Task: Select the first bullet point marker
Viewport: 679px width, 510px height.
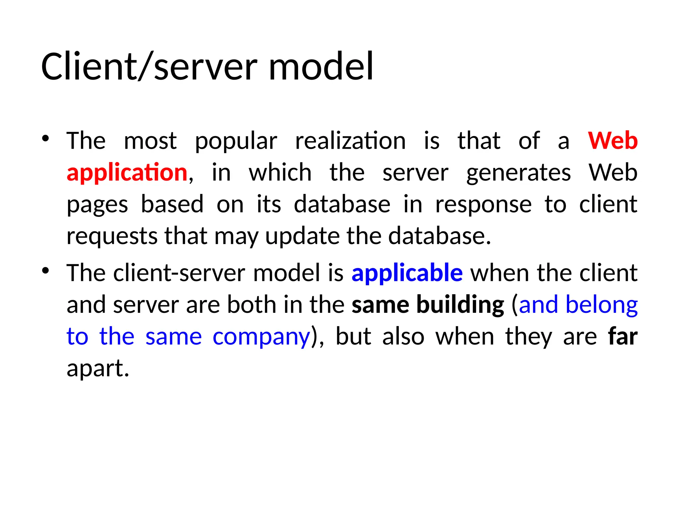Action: click(x=46, y=138)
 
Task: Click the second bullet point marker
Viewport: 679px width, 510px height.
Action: click(x=46, y=271)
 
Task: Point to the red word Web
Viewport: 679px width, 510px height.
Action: click(x=613, y=141)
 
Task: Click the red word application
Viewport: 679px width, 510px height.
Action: click(x=127, y=173)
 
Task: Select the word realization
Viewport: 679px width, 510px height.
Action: click(x=350, y=141)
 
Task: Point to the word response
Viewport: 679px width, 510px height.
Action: click(x=483, y=205)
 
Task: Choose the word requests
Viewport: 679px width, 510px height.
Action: click(x=112, y=237)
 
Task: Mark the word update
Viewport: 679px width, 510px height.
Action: click(x=302, y=237)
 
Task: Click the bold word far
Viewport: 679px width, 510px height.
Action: click(x=623, y=336)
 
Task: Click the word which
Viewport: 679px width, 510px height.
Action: click(x=280, y=173)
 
